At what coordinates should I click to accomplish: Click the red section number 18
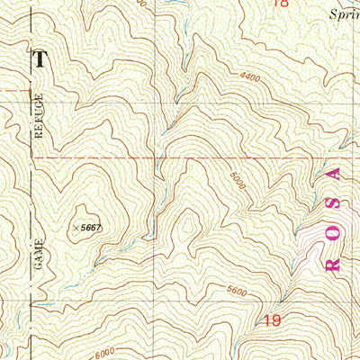(x=280, y=4)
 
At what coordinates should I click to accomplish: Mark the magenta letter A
(x=338, y=173)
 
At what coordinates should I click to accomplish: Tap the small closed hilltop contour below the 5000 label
(x=189, y=220)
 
